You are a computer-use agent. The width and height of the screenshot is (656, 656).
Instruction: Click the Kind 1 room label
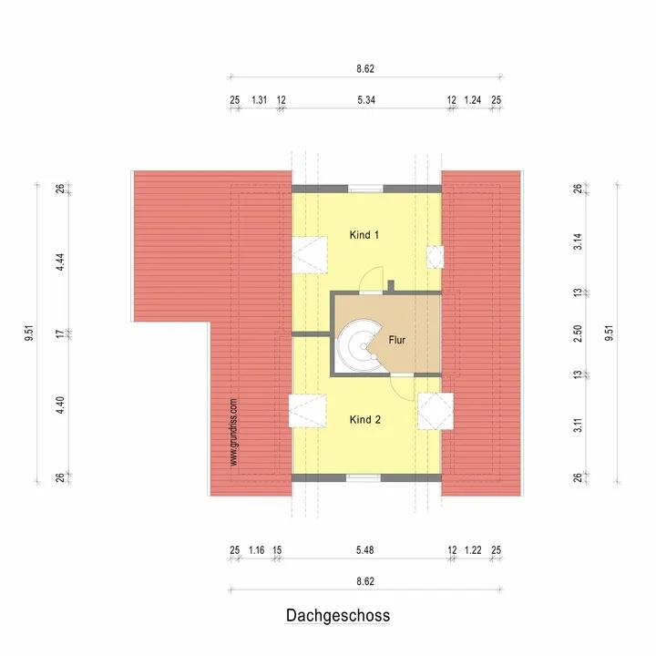click(x=364, y=235)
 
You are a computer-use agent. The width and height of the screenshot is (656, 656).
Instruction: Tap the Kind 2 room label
click(x=364, y=420)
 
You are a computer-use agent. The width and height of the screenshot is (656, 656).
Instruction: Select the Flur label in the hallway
click(x=396, y=340)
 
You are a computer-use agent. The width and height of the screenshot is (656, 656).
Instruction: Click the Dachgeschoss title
click(x=338, y=615)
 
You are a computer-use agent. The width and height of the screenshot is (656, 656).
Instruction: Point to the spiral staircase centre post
click(x=364, y=346)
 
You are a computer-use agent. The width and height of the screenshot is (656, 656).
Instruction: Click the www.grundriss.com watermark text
click(x=233, y=432)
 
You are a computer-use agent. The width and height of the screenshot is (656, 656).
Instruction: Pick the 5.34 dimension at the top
click(x=366, y=100)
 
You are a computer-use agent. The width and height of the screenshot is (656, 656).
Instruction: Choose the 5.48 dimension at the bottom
click(x=364, y=550)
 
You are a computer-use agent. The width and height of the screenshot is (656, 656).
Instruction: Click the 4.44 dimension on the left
click(x=60, y=262)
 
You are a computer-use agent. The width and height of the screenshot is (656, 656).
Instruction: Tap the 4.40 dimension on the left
click(x=60, y=405)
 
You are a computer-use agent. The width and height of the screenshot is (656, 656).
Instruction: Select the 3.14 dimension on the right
click(x=578, y=241)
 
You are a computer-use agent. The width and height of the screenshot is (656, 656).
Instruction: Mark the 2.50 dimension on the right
click(x=578, y=333)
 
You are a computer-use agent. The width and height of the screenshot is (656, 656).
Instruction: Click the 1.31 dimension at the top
click(x=259, y=100)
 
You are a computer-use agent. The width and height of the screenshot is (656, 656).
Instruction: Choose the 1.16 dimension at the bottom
click(x=256, y=550)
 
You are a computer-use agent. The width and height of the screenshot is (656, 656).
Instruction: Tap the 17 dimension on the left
click(x=60, y=333)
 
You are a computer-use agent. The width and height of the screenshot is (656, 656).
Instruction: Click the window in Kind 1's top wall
click(x=365, y=189)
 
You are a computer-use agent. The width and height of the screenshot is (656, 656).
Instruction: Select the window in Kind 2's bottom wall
click(x=364, y=477)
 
